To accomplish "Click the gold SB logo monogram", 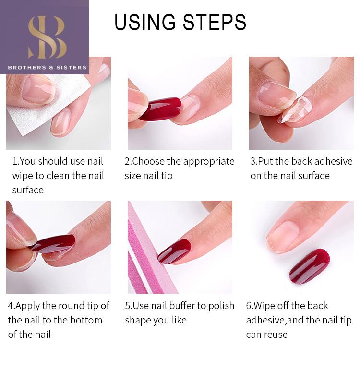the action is pyautogui.click(x=47, y=37).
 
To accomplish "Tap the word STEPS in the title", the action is pyautogui.click(x=215, y=22).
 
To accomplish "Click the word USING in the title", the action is pyautogui.click(x=145, y=22).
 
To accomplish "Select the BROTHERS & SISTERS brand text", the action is pyautogui.click(x=47, y=68).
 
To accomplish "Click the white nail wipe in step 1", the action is pyautogui.click(x=48, y=107).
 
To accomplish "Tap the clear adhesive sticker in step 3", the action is pyautogui.click(x=294, y=109).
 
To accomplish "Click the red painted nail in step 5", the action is pyautogui.click(x=174, y=251).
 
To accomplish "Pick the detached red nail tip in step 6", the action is pyautogui.click(x=309, y=266).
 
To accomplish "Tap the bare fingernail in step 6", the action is pyautogui.click(x=282, y=237).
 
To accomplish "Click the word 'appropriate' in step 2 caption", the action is pyautogui.click(x=208, y=162).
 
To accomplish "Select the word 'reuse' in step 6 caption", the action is pyautogui.click(x=276, y=335).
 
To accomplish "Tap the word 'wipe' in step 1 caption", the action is pyautogui.click(x=23, y=176).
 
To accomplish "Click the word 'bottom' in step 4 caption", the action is pyautogui.click(x=86, y=320).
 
